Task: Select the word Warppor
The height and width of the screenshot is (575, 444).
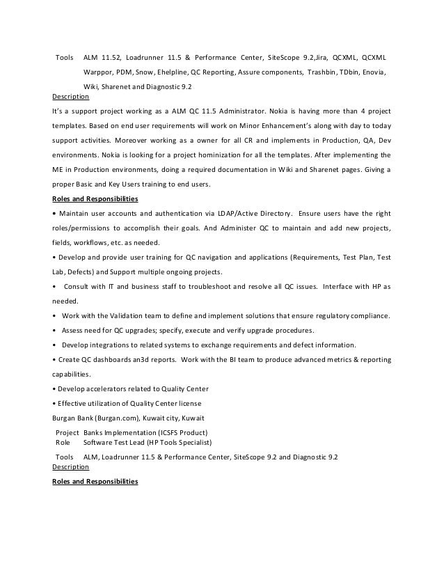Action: click(x=98, y=72)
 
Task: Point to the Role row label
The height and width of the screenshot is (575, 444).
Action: click(x=63, y=442)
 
